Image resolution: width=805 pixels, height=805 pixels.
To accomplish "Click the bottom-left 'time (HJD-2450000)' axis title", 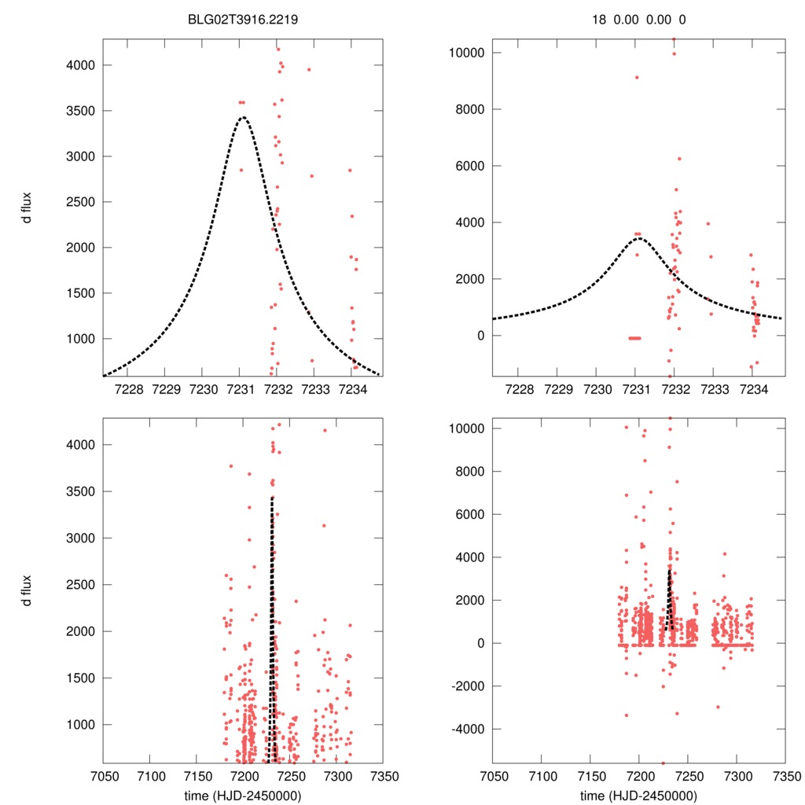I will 243,796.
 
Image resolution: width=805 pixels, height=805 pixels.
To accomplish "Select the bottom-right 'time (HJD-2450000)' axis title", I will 639,796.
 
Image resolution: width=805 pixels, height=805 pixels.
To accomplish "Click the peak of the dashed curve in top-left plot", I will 242,118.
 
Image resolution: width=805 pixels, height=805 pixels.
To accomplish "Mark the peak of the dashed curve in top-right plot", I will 639,237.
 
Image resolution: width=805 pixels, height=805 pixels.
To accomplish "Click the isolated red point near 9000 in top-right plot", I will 637,77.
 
